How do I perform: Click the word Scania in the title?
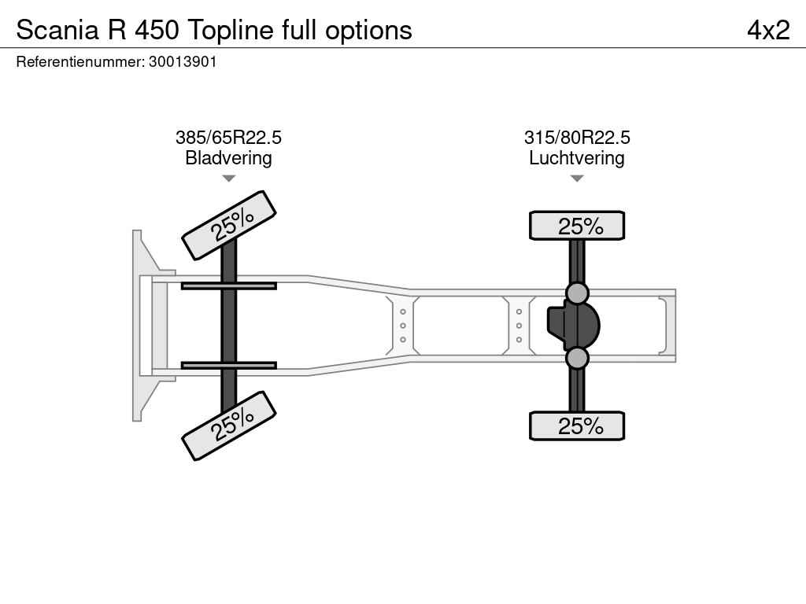[57, 30]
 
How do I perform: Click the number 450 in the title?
[157, 30]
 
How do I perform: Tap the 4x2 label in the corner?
[768, 30]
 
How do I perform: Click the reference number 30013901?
[183, 61]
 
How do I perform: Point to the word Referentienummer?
[80, 61]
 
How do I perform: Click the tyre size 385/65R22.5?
[228, 138]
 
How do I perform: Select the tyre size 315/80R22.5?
[577, 138]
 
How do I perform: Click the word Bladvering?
[228, 157]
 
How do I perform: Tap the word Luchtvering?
[577, 157]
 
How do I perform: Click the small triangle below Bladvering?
[229, 179]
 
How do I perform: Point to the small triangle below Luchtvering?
[577, 179]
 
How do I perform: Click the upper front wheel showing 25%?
[229, 225]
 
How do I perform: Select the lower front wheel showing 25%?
[229, 425]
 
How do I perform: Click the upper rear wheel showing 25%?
[577, 226]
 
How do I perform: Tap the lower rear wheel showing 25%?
[577, 425]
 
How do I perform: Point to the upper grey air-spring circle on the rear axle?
[577, 293]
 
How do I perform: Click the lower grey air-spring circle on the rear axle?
[577, 358]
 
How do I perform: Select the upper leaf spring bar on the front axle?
[229, 285]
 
